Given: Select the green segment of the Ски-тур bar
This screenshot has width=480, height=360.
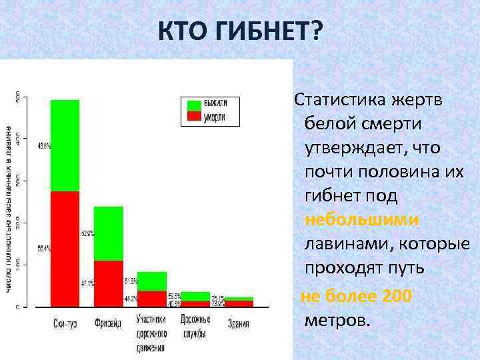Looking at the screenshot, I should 65,145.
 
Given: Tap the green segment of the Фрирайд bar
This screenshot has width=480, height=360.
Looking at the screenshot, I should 108,233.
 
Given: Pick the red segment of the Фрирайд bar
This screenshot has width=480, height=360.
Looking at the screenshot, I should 108,283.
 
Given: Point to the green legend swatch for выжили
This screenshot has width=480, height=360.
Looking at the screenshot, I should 194,105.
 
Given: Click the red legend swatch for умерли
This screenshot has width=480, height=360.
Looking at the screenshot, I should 194,117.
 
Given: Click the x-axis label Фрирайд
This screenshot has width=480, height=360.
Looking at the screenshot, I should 108,324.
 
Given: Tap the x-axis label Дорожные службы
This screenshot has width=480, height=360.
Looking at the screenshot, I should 195,325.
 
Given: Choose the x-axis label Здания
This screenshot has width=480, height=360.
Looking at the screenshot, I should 238,324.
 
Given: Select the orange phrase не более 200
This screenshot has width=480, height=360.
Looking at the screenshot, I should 356,296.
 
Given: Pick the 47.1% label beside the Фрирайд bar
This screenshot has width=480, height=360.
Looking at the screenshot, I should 87,283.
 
